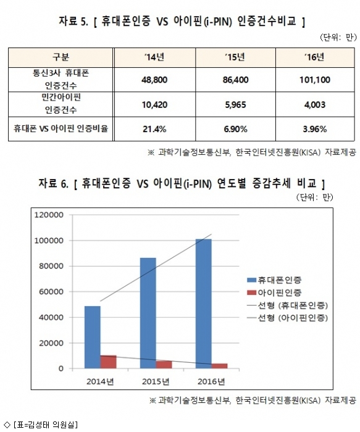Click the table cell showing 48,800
pos(154,80)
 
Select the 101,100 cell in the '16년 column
pos(315,80)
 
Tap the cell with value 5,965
pos(235,105)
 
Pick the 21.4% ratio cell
pos(154,129)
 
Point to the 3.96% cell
pos(315,129)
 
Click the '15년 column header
pos(235,57)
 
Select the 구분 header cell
pos(61,57)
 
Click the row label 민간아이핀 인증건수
pos(61,104)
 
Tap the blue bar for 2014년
pos(93,337)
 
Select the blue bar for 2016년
pos(203,304)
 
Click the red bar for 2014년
pos(108,362)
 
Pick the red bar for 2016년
pos(219,366)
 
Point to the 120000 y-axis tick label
pos(49,215)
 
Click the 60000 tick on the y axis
pos(51,291)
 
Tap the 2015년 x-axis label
pos(156,381)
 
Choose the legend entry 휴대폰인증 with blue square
pos(274,280)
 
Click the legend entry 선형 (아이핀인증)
pos(288,318)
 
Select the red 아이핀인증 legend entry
pos(274,293)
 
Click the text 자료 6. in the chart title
pos(53,183)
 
